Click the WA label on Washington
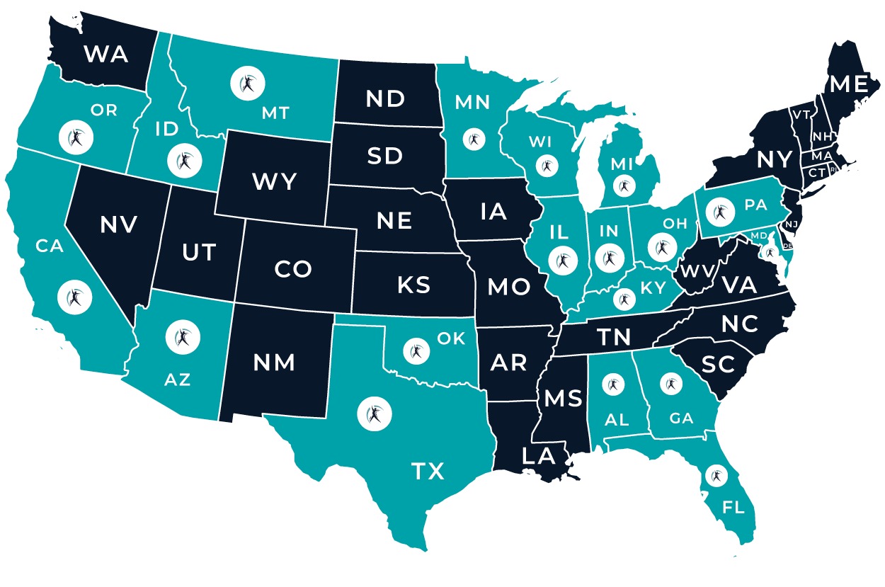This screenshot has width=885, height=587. [x=106, y=53]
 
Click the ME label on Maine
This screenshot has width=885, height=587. [x=849, y=85]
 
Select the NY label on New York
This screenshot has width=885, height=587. [x=773, y=160]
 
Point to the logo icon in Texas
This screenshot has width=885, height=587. [x=372, y=414]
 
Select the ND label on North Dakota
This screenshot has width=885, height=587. [x=386, y=99]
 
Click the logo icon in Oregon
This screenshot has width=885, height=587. [x=76, y=137]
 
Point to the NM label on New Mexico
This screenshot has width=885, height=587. [x=275, y=363]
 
